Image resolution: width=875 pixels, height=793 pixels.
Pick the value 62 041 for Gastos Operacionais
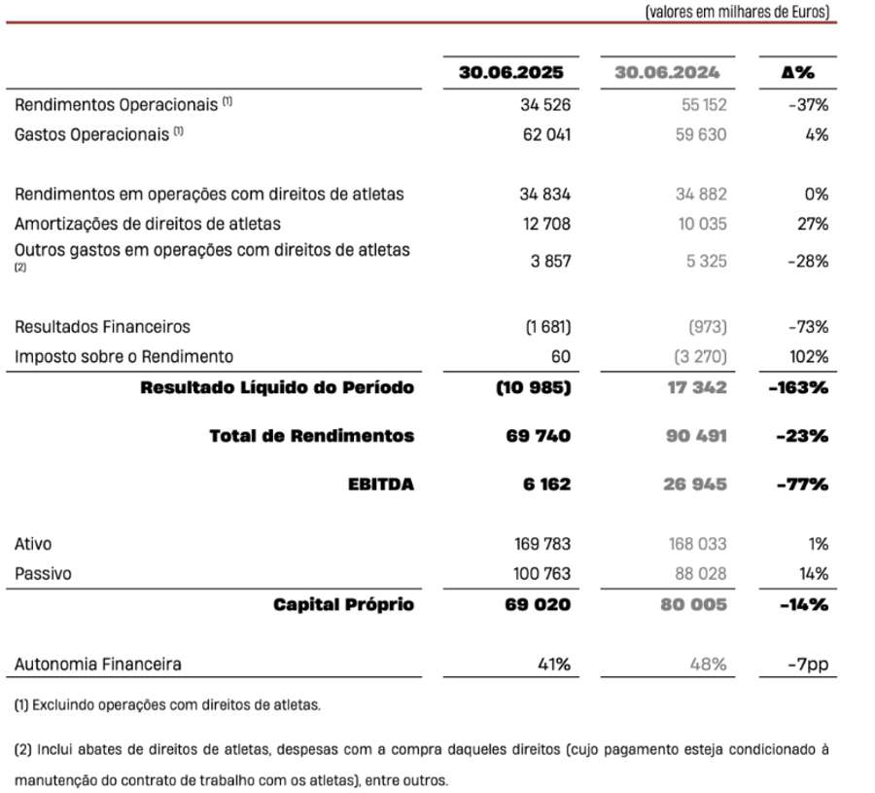pos(545,134)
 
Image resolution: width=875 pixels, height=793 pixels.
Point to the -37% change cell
pos(809,104)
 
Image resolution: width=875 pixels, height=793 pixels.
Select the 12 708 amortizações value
pos(545,224)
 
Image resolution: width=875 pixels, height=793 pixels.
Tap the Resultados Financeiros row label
pos(102,327)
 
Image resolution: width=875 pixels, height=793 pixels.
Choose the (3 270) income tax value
pos(699,357)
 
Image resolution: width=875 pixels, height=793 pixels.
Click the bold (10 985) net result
pos(533,387)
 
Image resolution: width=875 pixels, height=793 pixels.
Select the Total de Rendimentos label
pos(311,436)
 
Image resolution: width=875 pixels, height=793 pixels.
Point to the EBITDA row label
pos(381,485)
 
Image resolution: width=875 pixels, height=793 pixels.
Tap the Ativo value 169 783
pos(542,544)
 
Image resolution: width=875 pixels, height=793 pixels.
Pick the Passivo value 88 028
pos(699,574)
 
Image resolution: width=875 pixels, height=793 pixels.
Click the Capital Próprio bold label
pos(343,604)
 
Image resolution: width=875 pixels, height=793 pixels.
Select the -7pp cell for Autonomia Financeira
pos(809,665)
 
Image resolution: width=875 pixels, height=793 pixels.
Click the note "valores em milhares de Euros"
pos(737,12)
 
